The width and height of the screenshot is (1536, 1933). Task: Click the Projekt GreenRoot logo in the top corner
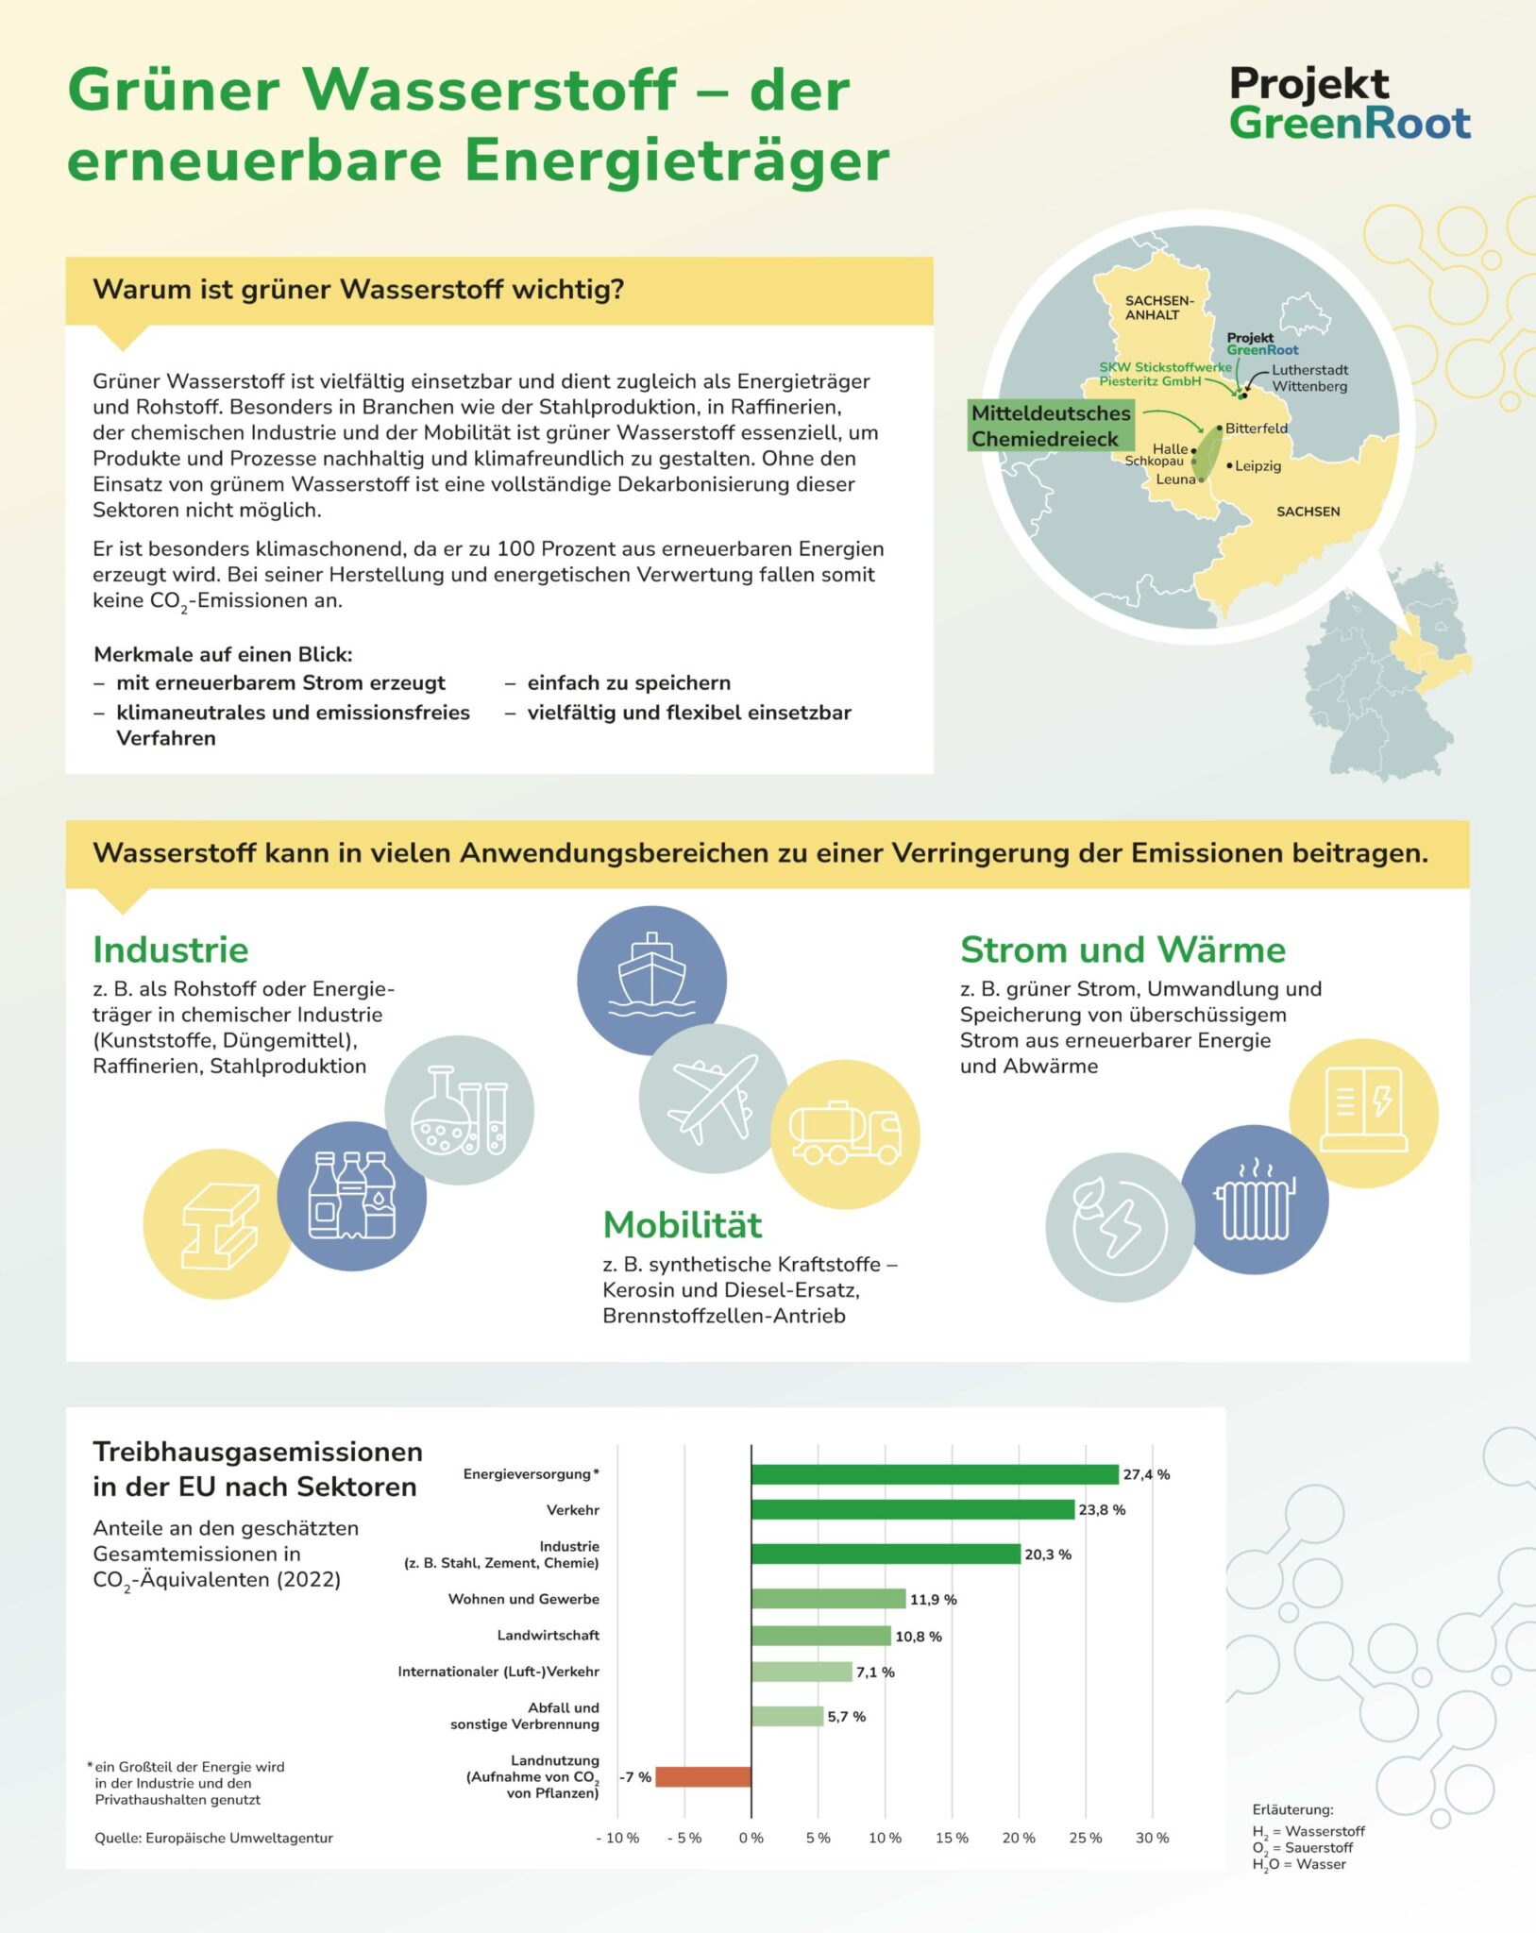click(1349, 104)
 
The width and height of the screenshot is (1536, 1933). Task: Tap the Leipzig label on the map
click(1257, 466)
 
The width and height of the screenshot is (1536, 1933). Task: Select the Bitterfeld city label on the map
click(1256, 429)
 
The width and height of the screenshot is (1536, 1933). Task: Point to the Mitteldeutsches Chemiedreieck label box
click(1050, 426)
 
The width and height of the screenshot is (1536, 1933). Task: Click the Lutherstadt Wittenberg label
click(1308, 378)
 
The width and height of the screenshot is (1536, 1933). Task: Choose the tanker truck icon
click(845, 1134)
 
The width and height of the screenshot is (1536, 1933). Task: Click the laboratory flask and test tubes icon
click(460, 1111)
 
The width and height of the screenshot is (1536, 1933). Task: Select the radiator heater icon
click(1255, 1200)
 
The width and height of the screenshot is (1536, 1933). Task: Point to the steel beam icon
click(218, 1224)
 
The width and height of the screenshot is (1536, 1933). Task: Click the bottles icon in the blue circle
click(352, 1196)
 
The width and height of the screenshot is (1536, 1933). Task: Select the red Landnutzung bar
click(703, 1777)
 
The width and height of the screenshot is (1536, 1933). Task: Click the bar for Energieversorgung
click(935, 1474)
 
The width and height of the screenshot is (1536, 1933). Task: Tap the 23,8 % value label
click(1102, 1510)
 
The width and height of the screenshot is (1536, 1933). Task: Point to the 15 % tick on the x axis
click(952, 1838)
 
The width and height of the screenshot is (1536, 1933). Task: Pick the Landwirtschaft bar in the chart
click(820, 1636)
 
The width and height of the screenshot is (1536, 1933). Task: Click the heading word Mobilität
click(682, 1225)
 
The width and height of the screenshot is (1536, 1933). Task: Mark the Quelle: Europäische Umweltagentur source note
click(213, 1838)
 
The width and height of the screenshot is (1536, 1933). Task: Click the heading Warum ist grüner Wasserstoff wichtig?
click(359, 290)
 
